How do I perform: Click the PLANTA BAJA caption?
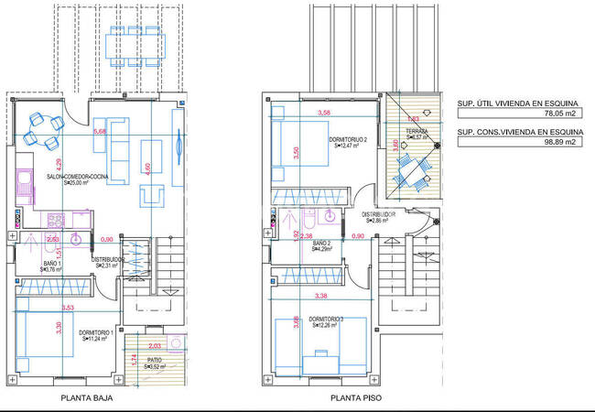pos(87,398)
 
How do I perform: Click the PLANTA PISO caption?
pos(355,398)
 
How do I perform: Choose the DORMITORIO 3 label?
pos(328,320)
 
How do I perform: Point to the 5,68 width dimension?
pos(99,132)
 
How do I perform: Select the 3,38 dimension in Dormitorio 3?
pos(321,295)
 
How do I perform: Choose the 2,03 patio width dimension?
pos(154,345)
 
